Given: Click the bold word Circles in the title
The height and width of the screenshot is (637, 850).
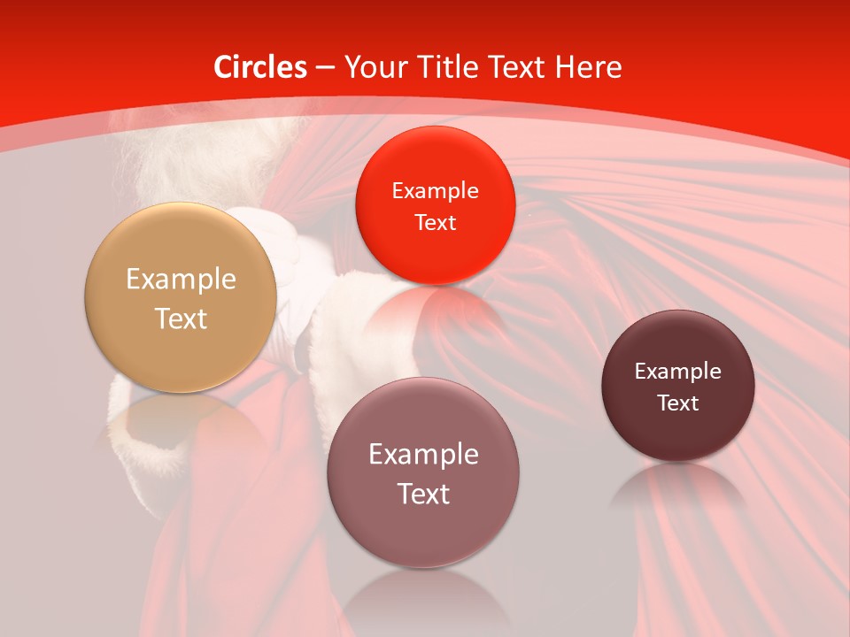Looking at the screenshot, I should (260, 67).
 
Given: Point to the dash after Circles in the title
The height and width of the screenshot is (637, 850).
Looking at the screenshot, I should (325, 68).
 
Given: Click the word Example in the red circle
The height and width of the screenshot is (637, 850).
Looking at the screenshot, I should (435, 191).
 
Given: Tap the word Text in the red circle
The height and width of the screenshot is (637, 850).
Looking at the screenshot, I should (435, 223).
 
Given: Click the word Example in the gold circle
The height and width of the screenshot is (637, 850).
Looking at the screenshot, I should (181, 280).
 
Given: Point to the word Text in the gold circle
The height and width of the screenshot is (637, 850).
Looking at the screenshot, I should (181, 318).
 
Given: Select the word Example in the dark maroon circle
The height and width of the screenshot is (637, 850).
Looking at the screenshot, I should (678, 372).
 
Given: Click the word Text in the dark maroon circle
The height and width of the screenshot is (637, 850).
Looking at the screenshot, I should (678, 403).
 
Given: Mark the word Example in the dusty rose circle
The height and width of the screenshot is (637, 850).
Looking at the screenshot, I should (423, 455).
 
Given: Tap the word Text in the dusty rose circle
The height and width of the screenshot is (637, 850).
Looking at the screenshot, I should (423, 494).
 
